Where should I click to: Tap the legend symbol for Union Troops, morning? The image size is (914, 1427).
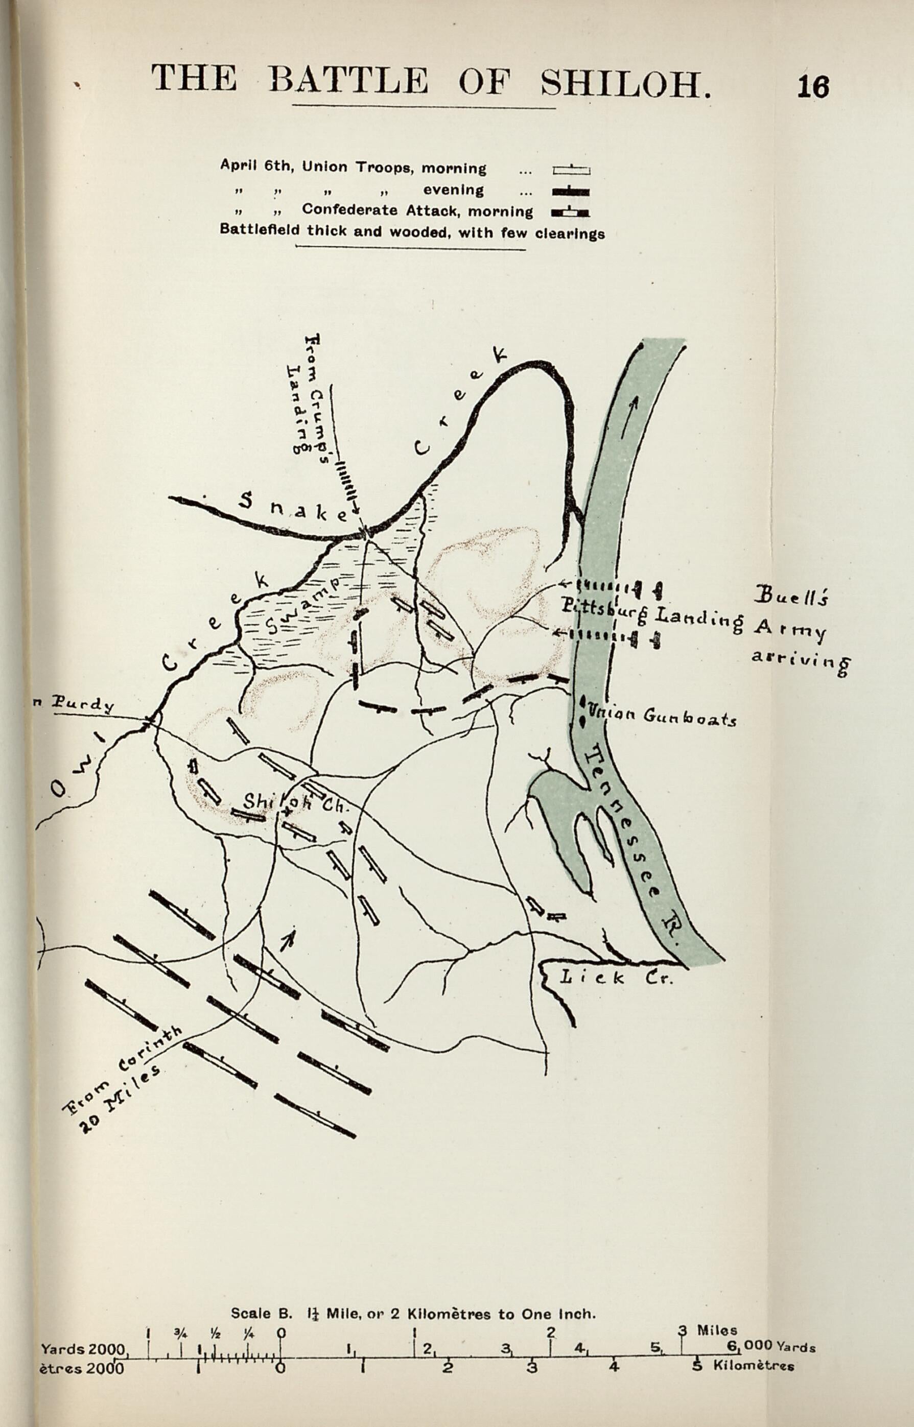[x=571, y=170]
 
